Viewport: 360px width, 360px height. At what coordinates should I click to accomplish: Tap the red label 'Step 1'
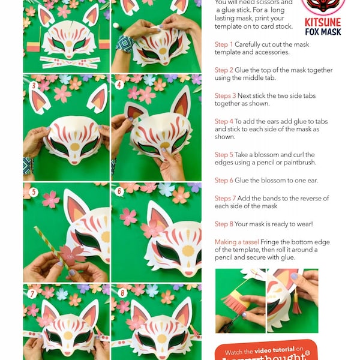[224, 44]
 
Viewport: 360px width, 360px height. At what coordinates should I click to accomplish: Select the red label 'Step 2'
[224, 70]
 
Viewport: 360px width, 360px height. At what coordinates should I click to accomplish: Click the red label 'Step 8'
[224, 224]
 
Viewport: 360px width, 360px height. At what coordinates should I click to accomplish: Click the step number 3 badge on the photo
[34, 86]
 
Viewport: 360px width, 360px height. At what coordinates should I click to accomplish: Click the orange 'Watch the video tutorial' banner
[264, 350]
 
